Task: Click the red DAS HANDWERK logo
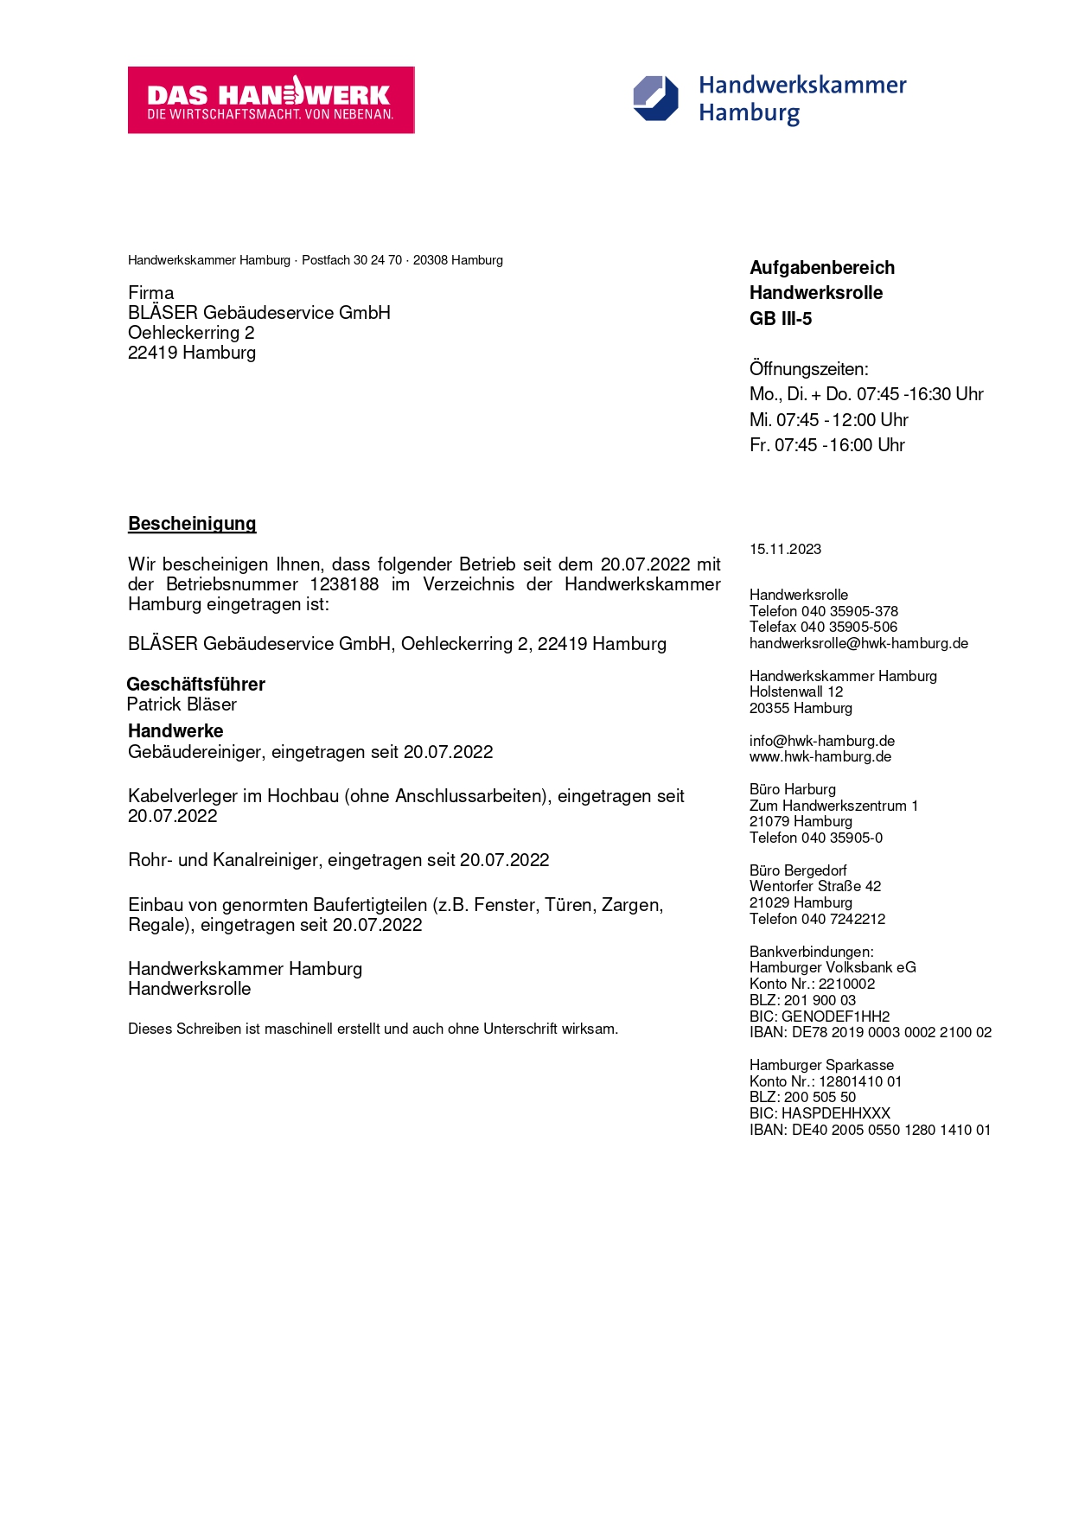[271, 100]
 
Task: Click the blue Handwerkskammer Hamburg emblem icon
[655, 99]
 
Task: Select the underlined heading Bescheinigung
[192, 524]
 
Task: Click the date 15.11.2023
[785, 550]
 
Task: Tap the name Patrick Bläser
[182, 704]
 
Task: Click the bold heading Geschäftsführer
[196, 685]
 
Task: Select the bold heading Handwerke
[175, 731]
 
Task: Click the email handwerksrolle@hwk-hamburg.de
[858, 644]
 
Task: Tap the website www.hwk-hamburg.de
[820, 757]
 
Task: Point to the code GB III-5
[781, 319]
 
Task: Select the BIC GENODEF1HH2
[835, 1017]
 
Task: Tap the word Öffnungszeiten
[808, 369]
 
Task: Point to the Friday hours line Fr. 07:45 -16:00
[826, 445]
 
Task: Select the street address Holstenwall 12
[795, 692]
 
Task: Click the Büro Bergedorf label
[797, 870]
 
